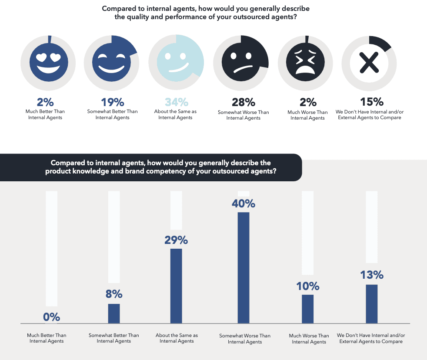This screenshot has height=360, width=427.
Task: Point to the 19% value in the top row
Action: click(x=113, y=102)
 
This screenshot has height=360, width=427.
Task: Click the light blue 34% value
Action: click(x=176, y=102)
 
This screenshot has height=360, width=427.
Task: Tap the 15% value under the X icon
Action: click(x=371, y=102)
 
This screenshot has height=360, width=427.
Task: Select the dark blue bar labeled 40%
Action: click(x=244, y=267)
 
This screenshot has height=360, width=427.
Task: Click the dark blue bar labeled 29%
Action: click(x=176, y=286)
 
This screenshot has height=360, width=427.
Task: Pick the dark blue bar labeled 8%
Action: click(x=114, y=313)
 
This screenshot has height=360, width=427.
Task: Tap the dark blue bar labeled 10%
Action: click(x=308, y=309)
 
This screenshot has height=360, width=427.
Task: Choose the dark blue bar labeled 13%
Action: click(x=371, y=303)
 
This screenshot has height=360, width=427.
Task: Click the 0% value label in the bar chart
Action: click(x=51, y=317)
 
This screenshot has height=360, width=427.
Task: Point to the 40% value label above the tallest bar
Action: click(x=244, y=203)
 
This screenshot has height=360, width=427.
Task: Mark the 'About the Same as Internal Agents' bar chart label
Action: click(x=177, y=338)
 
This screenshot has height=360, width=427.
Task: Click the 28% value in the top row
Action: click(x=243, y=103)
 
